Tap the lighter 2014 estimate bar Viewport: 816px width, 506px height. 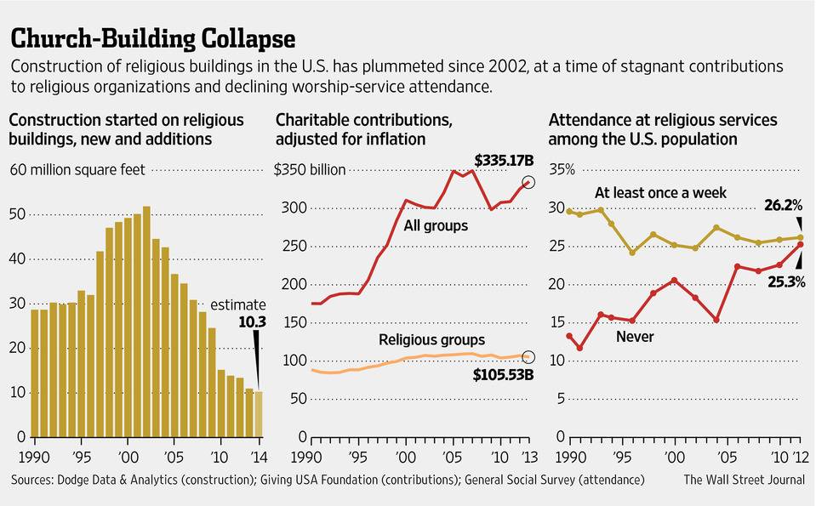259,414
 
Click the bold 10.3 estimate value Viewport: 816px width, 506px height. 253,321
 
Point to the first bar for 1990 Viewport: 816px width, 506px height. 35,373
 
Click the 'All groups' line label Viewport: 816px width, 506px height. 437,225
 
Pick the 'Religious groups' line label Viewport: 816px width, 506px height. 431,340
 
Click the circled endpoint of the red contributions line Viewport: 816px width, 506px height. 528,182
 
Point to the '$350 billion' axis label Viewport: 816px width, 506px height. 310,169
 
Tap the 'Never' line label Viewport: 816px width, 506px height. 634,337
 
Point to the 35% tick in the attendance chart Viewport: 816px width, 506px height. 563,169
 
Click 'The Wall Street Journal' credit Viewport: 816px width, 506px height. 744,480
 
